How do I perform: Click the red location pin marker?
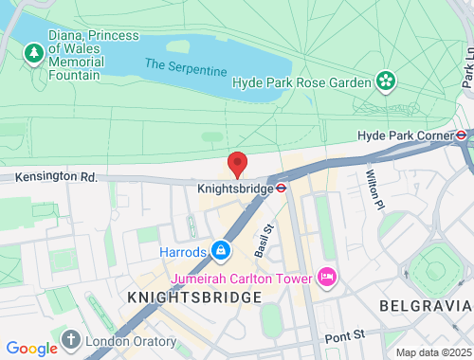237,163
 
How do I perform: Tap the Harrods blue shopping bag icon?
221,250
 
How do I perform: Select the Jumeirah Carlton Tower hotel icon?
328,277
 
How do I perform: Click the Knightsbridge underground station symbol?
282,188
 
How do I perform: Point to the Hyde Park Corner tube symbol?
462,135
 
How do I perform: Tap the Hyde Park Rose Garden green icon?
386,82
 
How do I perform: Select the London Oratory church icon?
70,339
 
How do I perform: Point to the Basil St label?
264,242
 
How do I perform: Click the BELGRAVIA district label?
424,305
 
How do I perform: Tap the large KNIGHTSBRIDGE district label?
193,297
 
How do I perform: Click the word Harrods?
182,251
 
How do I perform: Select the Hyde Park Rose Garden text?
301,82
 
